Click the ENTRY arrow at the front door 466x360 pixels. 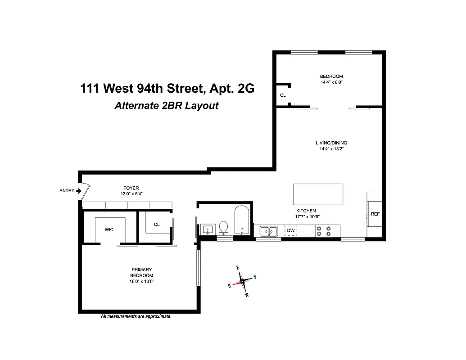coord(79,191)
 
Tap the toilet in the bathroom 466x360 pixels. coord(223,229)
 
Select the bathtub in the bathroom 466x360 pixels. coord(242,220)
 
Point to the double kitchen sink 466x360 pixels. coord(269,231)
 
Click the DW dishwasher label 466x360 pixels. coord(291,231)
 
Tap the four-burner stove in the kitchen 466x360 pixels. coord(324,231)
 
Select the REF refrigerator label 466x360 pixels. coord(375,214)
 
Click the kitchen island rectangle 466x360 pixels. coord(318,194)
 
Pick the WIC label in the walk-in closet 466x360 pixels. coord(109,229)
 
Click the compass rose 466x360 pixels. coord(242,281)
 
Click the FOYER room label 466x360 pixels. coord(131,188)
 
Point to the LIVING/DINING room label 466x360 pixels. coord(331,143)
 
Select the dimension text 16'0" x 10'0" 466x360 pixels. coord(142,282)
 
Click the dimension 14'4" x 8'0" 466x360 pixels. coord(331,82)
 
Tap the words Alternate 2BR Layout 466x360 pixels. coord(167,106)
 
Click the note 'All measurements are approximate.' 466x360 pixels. coord(136,317)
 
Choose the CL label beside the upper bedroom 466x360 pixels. coord(283,95)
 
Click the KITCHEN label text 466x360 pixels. coord(306,211)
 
